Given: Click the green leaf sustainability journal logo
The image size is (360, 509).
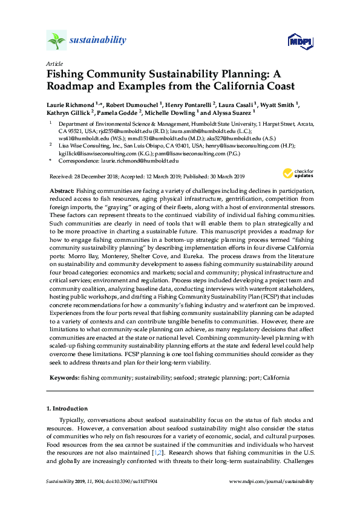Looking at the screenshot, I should coord(56,41).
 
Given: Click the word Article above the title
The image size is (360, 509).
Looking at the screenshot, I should coord(54,63).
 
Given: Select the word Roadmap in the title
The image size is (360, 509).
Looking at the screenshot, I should coord(73,86).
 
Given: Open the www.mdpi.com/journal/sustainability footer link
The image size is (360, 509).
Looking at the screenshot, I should coord(272,481).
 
